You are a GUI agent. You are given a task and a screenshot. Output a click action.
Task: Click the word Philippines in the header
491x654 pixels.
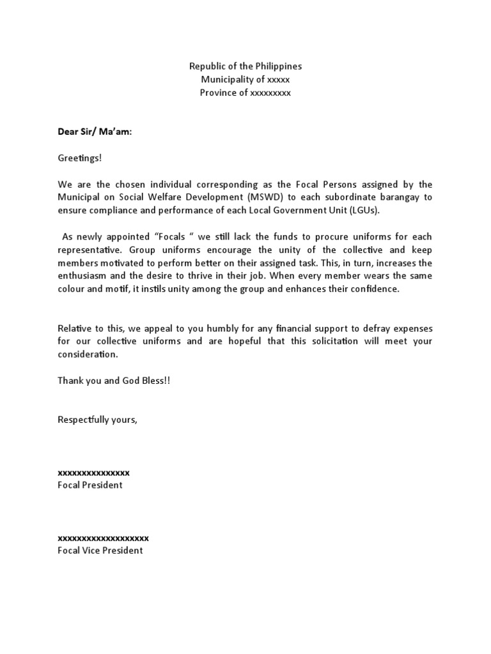(276, 66)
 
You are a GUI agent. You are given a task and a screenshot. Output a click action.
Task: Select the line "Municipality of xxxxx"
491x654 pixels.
(245, 80)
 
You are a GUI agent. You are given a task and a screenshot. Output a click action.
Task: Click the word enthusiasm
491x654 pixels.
(84, 276)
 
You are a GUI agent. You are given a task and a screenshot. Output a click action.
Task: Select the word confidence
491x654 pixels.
(375, 289)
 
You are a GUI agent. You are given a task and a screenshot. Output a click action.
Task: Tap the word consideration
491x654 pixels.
(88, 354)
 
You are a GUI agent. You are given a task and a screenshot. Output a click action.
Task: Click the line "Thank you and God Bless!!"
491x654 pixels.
(114, 381)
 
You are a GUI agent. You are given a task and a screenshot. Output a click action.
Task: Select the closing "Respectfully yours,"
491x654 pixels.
(97, 420)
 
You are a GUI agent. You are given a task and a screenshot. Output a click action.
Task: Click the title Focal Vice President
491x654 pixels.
(100, 551)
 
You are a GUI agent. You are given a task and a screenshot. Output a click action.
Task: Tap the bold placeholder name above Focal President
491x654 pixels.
(93, 473)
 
